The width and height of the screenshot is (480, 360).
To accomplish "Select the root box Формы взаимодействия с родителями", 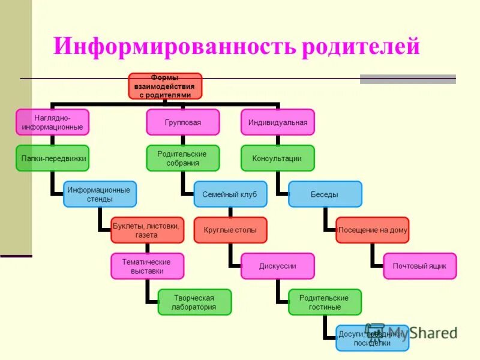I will click(x=166, y=86).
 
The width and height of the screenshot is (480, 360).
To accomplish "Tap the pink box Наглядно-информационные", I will click(x=52, y=122).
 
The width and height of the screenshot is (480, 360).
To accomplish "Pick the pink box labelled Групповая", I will click(x=183, y=122).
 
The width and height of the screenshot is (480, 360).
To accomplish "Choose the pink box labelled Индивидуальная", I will click(x=278, y=122).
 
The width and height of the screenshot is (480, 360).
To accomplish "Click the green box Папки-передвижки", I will click(x=52, y=158).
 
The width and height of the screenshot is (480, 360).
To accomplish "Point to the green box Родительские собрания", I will click(x=183, y=158).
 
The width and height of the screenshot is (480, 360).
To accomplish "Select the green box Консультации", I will click(x=278, y=158).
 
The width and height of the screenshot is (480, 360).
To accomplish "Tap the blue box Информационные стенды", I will click(x=100, y=194).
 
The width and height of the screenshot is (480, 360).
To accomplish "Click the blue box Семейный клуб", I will click(x=230, y=194).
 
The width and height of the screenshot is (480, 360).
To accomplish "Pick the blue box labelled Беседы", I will click(x=325, y=194).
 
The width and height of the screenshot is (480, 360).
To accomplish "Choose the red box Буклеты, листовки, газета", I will click(x=147, y=230).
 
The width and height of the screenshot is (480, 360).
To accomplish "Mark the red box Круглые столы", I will click(x=230, y=230).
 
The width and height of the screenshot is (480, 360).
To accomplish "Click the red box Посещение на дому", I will click(x=373, y=230).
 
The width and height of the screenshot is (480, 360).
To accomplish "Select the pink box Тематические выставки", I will click(x=147, y=266).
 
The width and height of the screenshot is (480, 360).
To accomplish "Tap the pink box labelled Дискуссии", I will click(x=278, y=266).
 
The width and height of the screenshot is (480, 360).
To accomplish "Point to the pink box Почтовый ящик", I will click(x=420, y=266).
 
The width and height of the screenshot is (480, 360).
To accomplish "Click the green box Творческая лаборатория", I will click(x=194, y=302).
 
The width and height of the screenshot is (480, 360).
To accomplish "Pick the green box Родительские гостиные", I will click(x=325, y=302).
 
